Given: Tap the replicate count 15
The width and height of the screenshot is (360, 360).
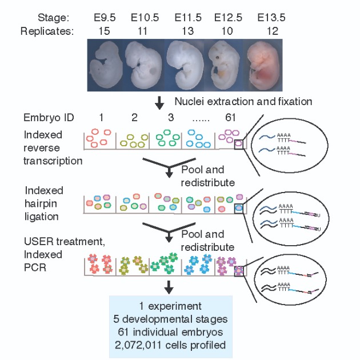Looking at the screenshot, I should pos(103,31).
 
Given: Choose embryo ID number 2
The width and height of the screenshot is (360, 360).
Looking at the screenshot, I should pos(134,119).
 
